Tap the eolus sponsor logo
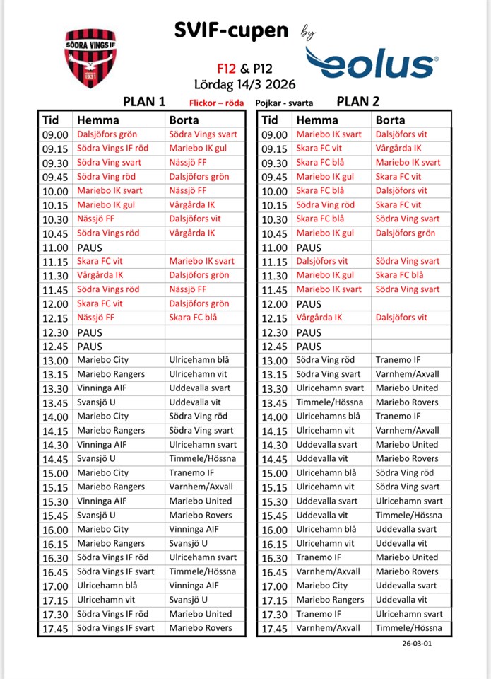point(372,62)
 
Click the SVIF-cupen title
point(232,31)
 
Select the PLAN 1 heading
point(144,101)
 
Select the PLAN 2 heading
point(357,101)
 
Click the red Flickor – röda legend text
point(216,103)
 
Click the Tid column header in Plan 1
point(51,120)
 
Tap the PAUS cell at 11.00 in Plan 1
point(90,248)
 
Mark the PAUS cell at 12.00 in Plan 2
point(309,303)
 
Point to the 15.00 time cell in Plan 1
point(54,473)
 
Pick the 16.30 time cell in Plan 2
point(274,558)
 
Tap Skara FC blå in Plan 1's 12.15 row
point(195,318)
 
